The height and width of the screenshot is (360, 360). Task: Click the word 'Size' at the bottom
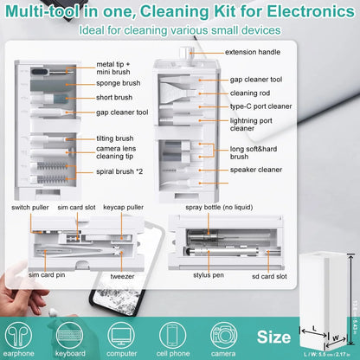tap(273, 337)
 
